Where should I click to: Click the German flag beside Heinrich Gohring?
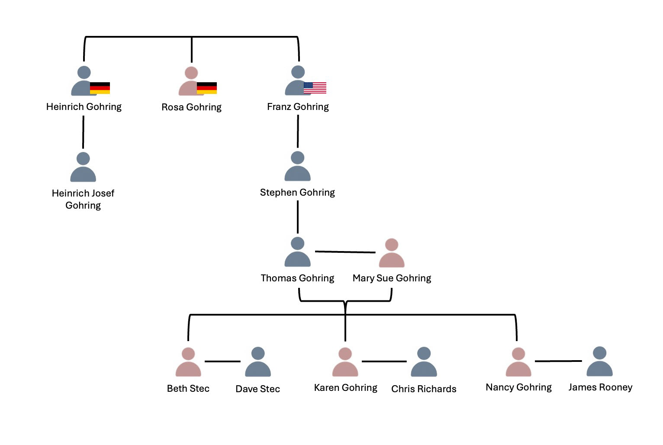100,88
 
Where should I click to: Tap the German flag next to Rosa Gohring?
207,88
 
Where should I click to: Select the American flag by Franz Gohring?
315,88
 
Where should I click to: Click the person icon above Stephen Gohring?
298,167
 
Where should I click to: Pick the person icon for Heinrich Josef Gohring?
83,168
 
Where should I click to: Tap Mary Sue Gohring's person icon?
392,253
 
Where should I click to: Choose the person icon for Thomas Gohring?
298,252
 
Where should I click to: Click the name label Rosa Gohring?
191,107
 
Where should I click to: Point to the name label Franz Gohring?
298,106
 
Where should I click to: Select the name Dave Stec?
257,389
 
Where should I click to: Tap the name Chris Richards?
424,389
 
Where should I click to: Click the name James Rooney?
600,387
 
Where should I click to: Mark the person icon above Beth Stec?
188,362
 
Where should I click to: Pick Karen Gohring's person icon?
345,362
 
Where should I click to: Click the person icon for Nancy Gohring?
518,362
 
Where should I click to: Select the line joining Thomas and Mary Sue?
345,252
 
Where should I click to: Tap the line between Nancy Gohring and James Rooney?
558,361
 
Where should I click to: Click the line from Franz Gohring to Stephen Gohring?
298,131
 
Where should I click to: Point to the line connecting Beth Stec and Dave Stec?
222,361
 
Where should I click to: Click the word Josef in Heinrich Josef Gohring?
102,193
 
